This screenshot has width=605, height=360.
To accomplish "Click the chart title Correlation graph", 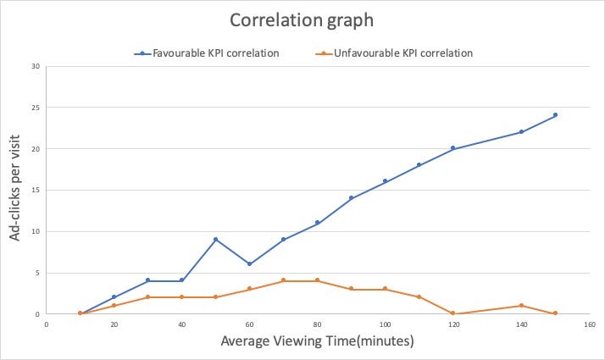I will coord(302,19).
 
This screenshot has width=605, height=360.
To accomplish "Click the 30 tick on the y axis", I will coord(36,66).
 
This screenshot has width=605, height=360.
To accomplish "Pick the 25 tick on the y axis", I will coord(36,108).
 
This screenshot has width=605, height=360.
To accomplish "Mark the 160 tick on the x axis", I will coord(589,323).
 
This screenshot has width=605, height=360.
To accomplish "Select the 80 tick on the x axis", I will coord(318,323).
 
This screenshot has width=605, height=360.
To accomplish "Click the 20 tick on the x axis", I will coord(114,323).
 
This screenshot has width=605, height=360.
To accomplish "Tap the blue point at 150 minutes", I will coord(555,115).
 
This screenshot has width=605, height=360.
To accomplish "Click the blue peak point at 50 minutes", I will coord(215,240).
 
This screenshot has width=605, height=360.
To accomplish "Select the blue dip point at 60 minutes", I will coord(249,264).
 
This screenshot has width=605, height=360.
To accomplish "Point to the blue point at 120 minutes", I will coord(453,148).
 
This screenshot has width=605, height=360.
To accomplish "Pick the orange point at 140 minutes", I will coord(521,306).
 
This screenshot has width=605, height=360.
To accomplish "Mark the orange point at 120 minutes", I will coord(453,313).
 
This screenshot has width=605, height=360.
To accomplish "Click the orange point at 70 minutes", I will coord(283,280).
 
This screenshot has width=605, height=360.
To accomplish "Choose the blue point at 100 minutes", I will coord(385,181).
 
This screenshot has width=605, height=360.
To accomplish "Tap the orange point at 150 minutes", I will coord(555,313).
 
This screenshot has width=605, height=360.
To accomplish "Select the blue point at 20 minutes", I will coord(114,297).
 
